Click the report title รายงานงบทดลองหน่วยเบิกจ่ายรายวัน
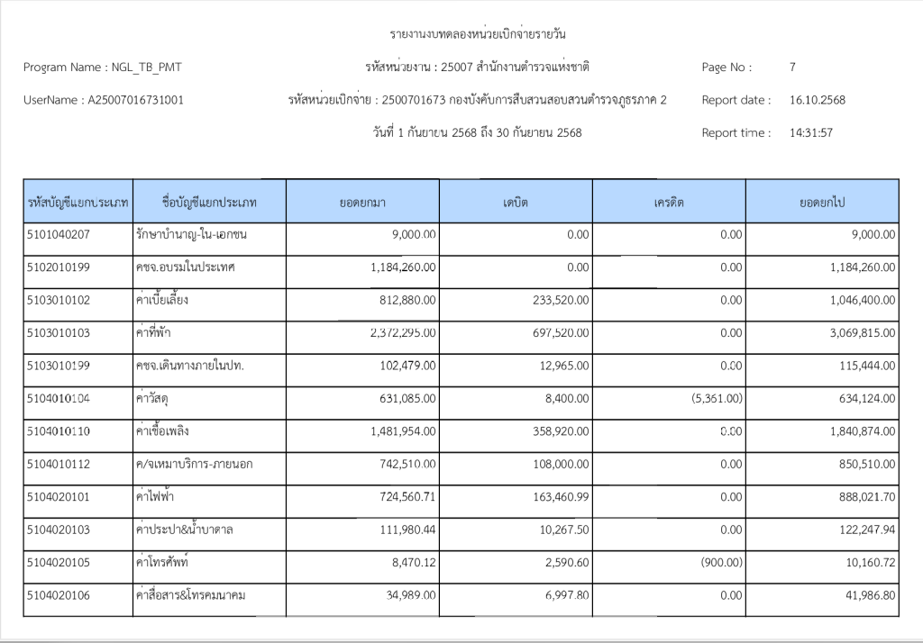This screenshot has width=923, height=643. [x=479, y=35]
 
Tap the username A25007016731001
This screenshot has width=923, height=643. [x=135, y=100]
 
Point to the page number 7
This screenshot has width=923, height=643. [x=791, y=67]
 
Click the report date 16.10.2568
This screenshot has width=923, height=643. [x=817, y=100]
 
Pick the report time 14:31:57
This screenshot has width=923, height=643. [x=810, y=132]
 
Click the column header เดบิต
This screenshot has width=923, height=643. [x=516, y=202]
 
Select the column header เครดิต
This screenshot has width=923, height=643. [x=669, y=202]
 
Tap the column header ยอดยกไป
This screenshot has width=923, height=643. [x=821, y=202]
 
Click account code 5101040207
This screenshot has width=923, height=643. [x=59, y=235]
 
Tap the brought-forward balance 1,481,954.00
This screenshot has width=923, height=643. [x=403, y=431]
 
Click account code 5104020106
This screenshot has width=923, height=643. [x=59, y=595]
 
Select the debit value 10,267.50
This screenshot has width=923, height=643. [x=562, y=530]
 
